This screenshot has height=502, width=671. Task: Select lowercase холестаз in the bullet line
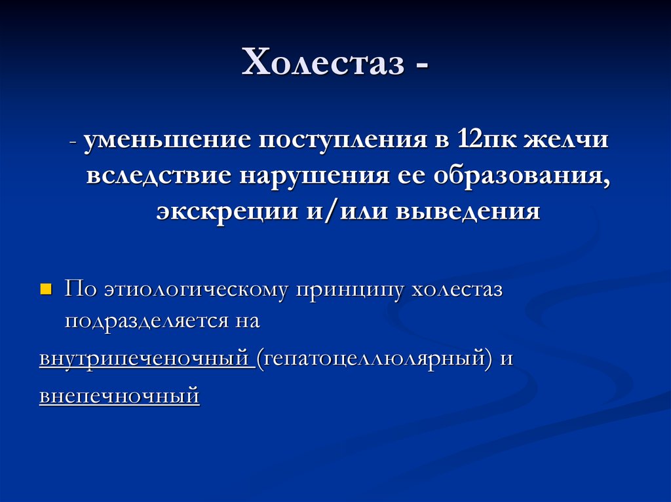coord(457,290)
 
